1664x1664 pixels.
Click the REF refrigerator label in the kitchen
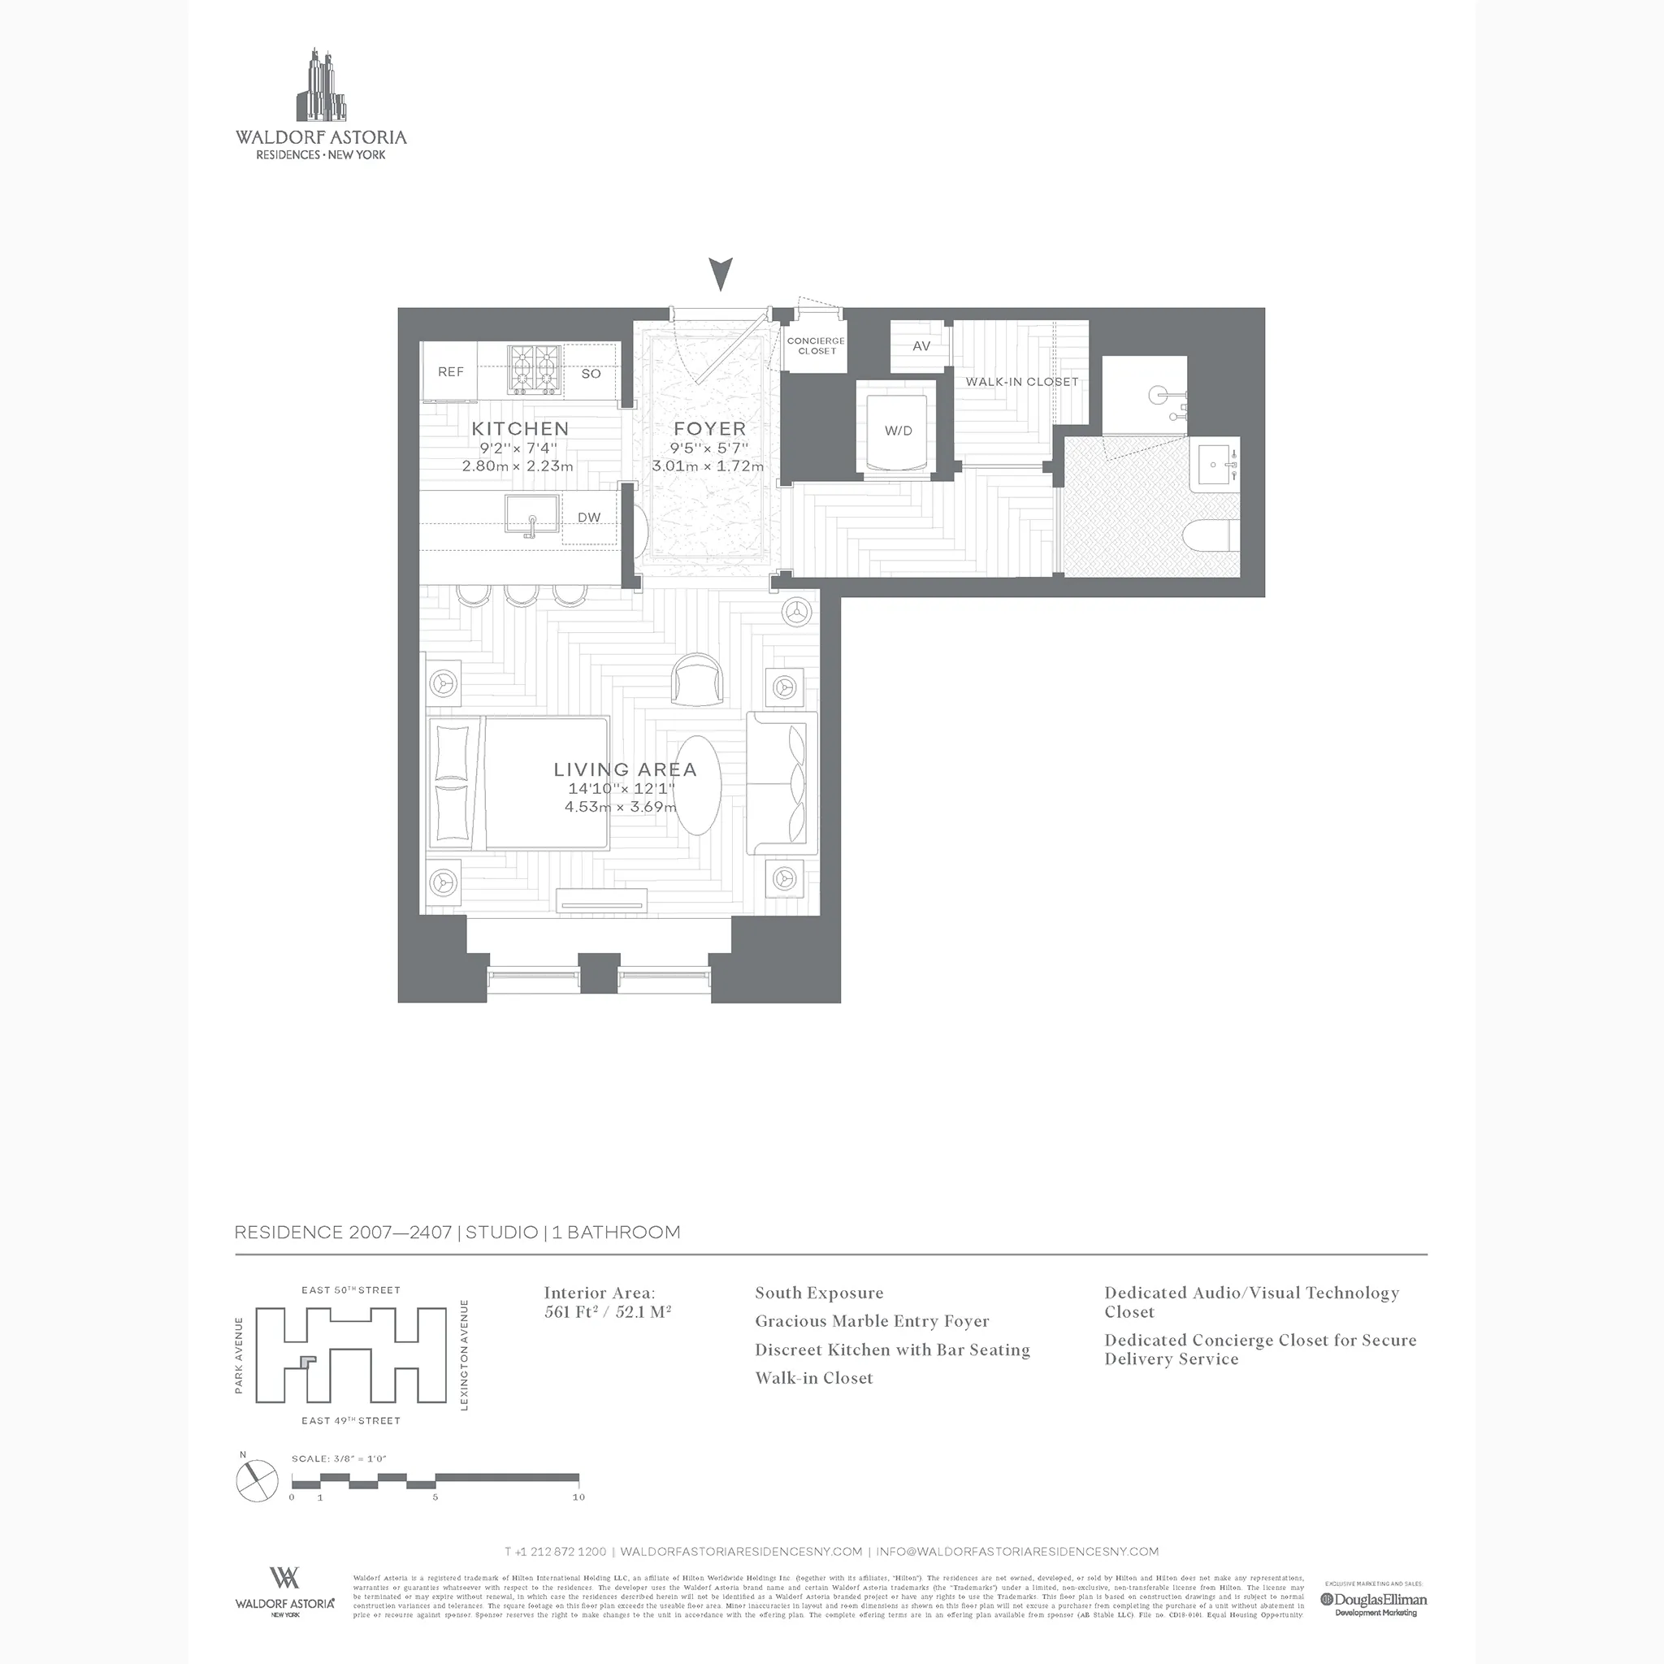pos(450,372)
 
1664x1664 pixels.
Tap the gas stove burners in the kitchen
pos(534,370)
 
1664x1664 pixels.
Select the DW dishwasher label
pos(589,518)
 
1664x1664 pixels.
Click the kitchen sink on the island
pos(531,515)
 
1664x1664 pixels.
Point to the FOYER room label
pos(708,429)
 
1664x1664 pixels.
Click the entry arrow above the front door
pos(721,274)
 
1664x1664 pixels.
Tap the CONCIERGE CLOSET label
pos(816,345)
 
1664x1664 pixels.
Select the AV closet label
pos(921,346)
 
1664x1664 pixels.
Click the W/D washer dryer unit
pos(898,431)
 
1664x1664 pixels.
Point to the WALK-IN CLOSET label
pos(1021,382)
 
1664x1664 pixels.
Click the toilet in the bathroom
pos(1211,536)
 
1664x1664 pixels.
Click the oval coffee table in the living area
pos(697,785)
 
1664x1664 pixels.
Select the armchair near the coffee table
pos(698,678)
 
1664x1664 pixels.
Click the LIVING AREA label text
pos(625,769)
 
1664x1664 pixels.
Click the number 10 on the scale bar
pos(578,1497)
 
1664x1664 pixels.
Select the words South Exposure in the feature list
pos(818,1293)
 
